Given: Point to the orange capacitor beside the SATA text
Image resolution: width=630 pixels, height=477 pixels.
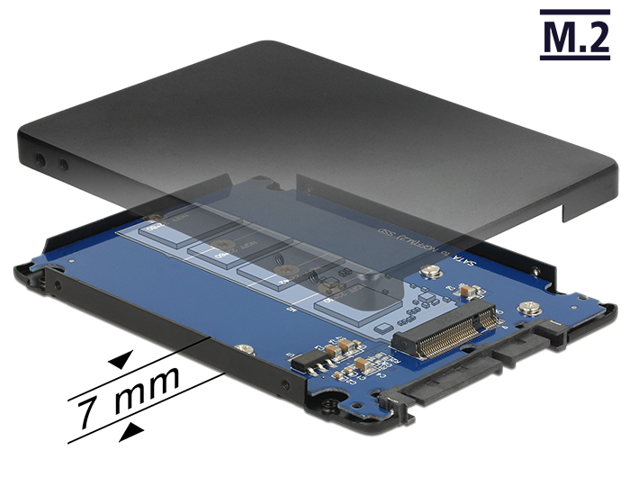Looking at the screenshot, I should [466, 290].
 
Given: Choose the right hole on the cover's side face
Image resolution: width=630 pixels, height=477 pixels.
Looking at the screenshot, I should [62, 166].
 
